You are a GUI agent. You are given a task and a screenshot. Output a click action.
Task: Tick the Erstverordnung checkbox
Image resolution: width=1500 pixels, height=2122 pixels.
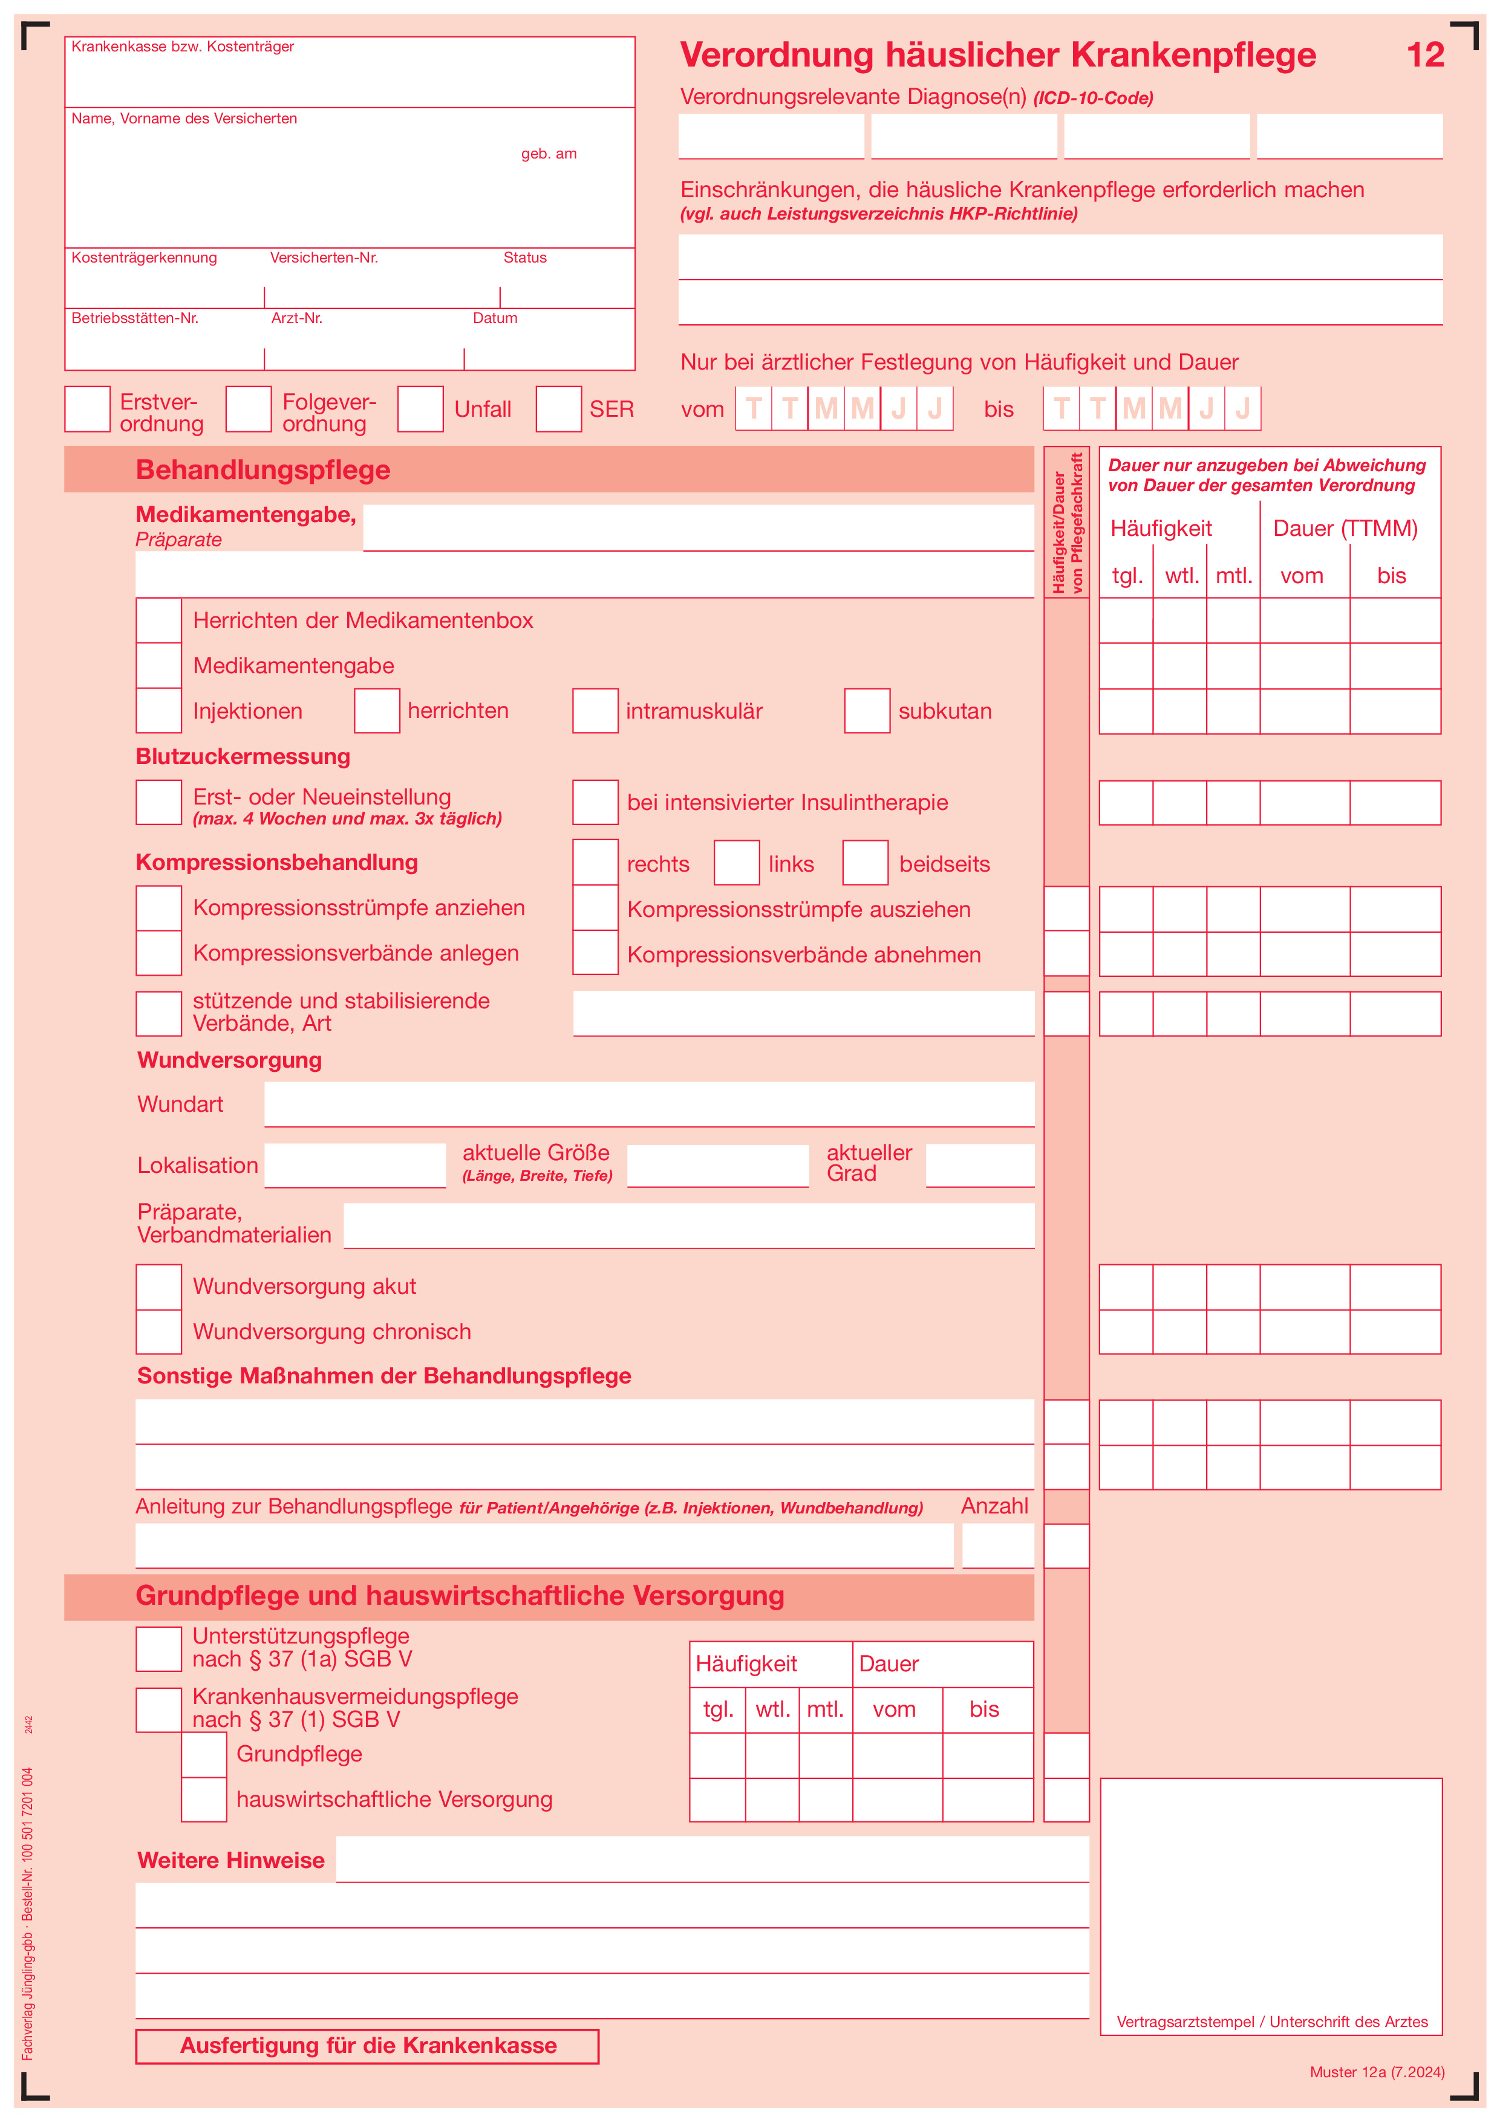coord(88,410)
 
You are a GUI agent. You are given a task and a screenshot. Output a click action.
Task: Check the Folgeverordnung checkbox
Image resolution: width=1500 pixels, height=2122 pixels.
coord(249,410)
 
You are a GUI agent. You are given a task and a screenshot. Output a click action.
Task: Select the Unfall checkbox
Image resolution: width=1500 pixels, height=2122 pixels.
coord(420,410)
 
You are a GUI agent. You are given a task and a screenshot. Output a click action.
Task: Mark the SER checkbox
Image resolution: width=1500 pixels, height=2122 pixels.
coord(559,410)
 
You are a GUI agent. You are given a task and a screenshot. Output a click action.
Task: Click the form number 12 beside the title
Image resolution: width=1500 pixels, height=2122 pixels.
coord(1424,56)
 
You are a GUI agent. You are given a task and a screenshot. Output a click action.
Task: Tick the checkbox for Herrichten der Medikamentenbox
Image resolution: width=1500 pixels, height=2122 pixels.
coord(159,620)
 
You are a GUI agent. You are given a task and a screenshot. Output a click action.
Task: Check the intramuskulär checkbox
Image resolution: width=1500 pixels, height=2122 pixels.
coord(595,711)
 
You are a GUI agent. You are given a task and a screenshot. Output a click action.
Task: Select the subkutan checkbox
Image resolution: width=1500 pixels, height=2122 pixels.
coord(867,711)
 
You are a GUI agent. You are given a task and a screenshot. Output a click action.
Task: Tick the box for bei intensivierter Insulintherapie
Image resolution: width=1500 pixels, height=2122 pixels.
coord(595,802)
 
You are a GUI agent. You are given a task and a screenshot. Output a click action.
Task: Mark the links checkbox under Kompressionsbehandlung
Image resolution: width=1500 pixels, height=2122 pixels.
coord(737,863)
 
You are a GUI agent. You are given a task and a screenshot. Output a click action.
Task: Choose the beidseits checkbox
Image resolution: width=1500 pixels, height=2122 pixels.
coord(865,863)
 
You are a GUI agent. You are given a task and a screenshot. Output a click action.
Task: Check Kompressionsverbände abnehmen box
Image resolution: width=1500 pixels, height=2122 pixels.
coord(595,953)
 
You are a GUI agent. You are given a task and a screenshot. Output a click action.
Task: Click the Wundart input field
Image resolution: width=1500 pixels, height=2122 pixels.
coord(649,1105)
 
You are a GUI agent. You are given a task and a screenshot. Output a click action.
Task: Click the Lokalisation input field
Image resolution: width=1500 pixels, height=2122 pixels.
coord(355,1166)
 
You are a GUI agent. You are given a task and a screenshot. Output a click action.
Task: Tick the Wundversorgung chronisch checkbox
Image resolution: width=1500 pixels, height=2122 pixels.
coord(159,1332)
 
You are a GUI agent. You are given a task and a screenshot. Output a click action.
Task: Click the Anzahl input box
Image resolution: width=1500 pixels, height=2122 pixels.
coord(998,1546)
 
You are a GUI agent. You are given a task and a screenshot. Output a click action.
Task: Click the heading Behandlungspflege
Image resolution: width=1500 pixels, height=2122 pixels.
coord(262,469)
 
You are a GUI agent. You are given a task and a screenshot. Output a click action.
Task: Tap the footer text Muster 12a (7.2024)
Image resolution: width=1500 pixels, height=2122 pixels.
coord(1376,2071)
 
